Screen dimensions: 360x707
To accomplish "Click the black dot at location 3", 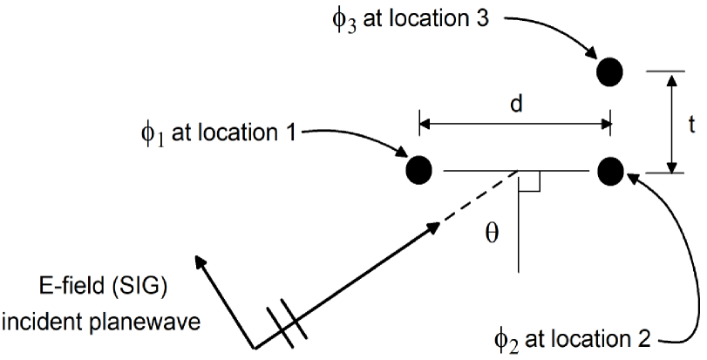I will (x=609, y=70).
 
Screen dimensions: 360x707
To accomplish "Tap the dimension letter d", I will (x=515, y=104).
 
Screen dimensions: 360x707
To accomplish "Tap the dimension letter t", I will (x=690, y=124).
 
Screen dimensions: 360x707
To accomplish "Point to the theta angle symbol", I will (x=492, y=234).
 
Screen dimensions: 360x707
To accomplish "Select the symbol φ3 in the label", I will (x=345, y=21).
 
